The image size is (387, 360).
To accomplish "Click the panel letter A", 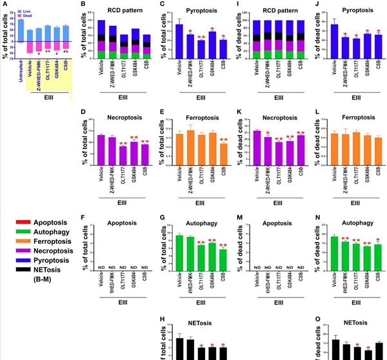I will click(x=5, y=5).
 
